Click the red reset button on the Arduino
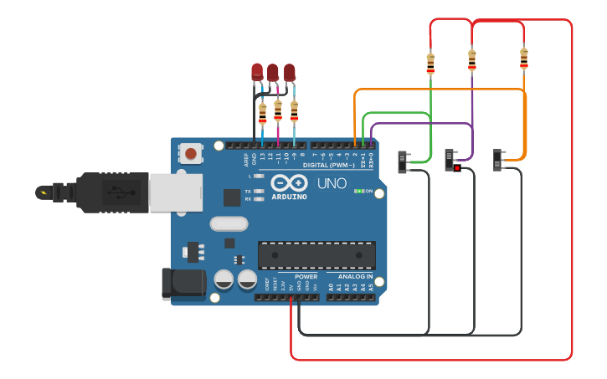click(x=191, y=153)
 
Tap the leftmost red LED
click(x=257, y=72)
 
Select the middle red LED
click(x=273, y=72)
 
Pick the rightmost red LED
click(x=290, y=72)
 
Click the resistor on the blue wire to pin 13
click(x=262, y=112)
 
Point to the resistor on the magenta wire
click(x=278, y=109)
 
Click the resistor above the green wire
click(x=430, y=63)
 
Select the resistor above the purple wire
click(x=472, y=59)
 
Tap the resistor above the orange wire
click(x=524, y=58)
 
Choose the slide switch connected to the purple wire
click(x=452, y=159)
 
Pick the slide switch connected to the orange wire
click(x=500, y=159)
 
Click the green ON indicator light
click(x=358, y=192)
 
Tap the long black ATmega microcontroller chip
click(x=316, y=255)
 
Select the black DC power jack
click(x=183, y=283)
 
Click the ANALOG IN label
click(x=355, y=276)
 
